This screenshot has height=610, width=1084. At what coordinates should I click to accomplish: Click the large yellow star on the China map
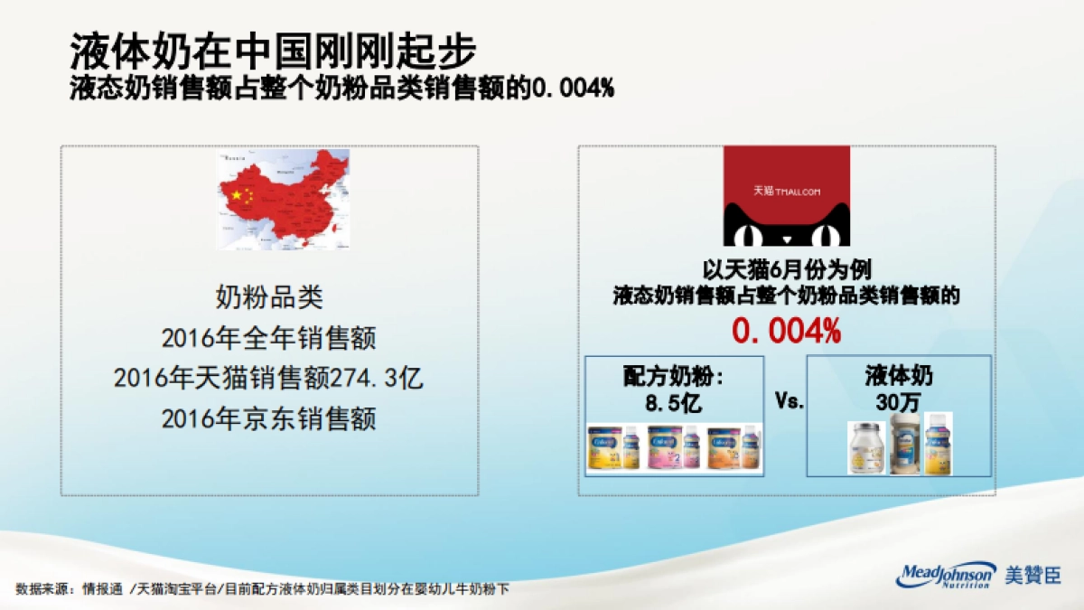click(238, 194)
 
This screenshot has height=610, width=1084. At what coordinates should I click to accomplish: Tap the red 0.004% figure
click(786, 332)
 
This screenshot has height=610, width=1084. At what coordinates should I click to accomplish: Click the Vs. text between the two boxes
click(790, 401)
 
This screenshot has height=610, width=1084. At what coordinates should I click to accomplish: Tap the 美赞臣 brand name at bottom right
click(1033, 576)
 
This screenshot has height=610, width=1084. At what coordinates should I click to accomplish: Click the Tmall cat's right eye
click(825, 236)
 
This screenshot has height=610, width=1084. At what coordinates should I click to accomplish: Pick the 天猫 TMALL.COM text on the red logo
click(786, 192)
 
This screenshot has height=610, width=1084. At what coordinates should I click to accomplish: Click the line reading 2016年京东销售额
click(268, 419)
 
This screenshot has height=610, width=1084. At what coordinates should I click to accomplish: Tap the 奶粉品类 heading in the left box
click(268, 296)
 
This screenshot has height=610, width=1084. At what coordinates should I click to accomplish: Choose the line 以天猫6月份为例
click(786, 270)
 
